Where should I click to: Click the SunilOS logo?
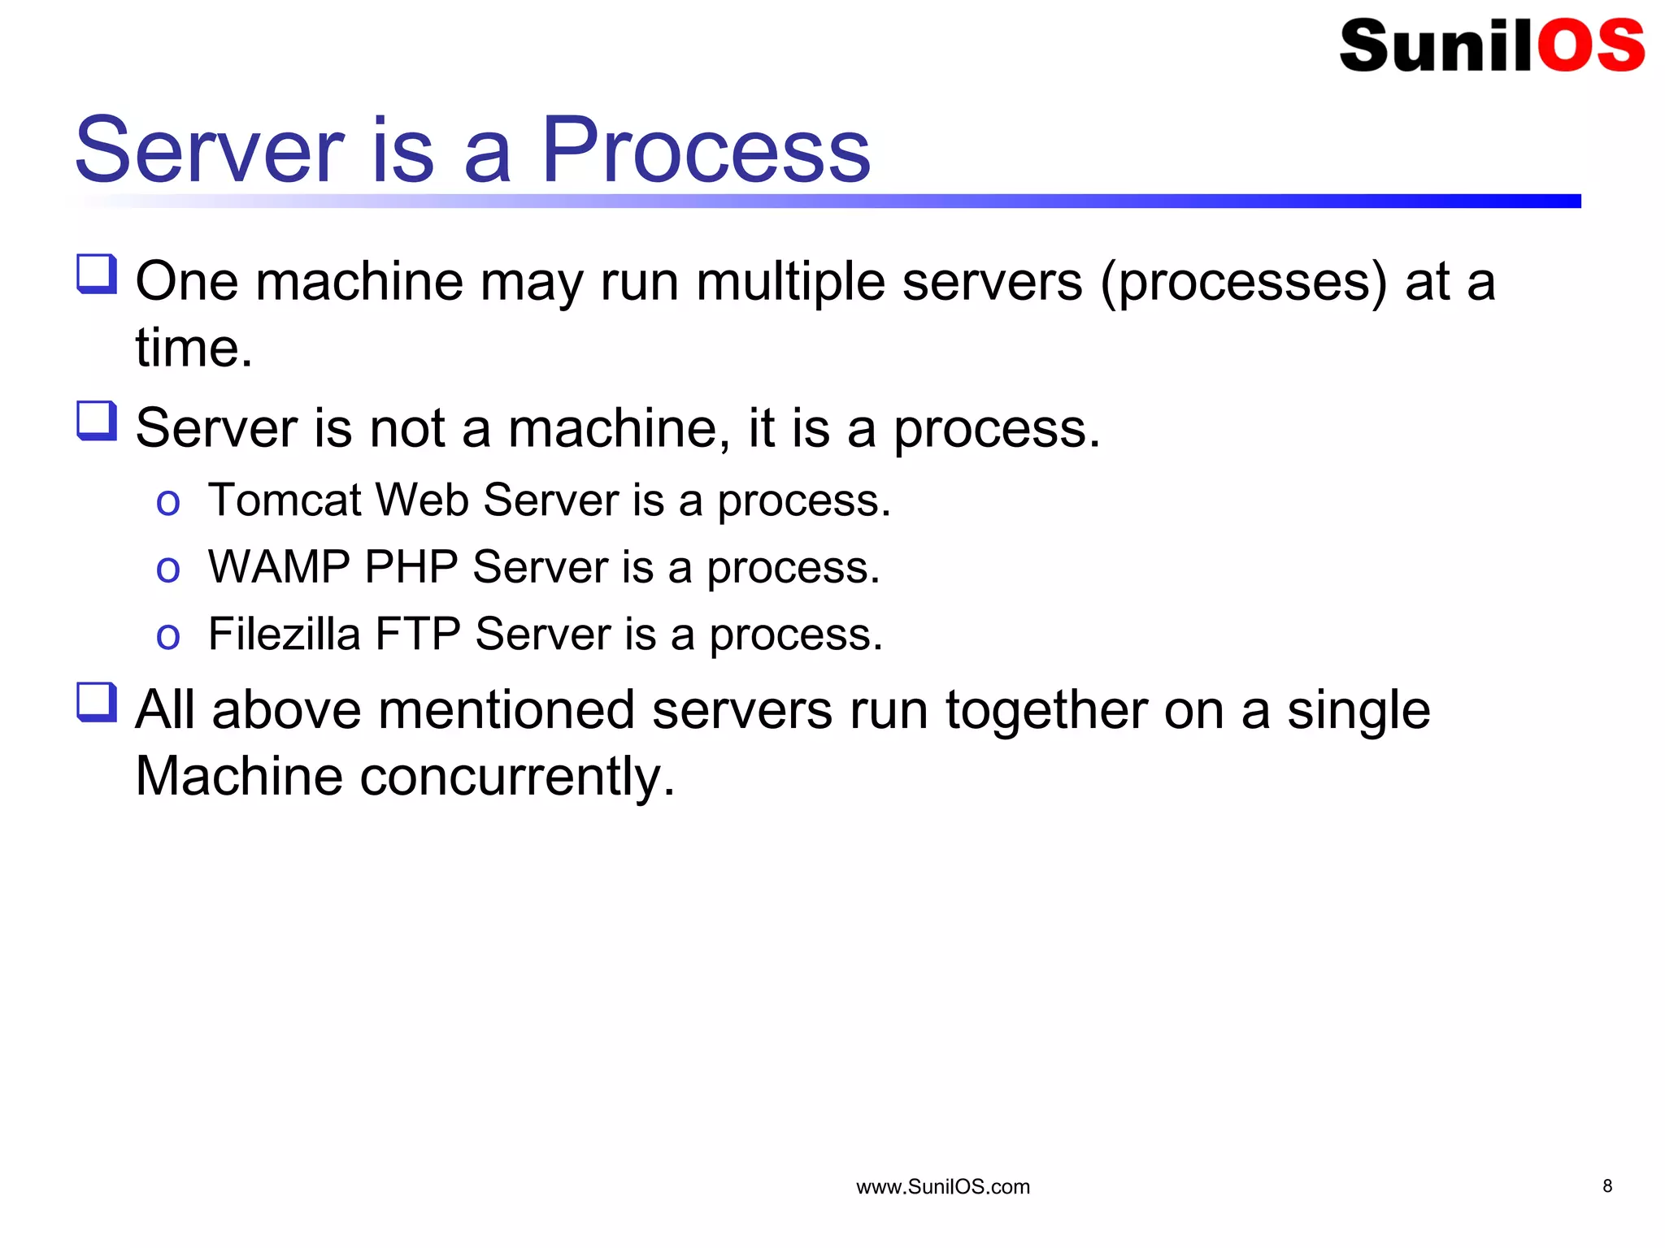tap(1491, 45)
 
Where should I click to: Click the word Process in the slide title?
tap(706, 150)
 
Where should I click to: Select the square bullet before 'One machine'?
tap(97, 274)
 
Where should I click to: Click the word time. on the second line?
tap(193, 348)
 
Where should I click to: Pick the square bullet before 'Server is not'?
tap(97, 421)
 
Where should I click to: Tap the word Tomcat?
tap(285, 499)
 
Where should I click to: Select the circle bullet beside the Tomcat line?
tap(167, 503)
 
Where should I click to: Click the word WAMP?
tap(279, 566)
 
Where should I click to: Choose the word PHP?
tap(411, 566)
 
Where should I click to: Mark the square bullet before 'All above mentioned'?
tap(97, 702)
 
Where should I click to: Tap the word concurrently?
tap(517, 777)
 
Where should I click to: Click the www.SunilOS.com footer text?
tap(942, 1187)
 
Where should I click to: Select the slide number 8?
tap(1606, 1186)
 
